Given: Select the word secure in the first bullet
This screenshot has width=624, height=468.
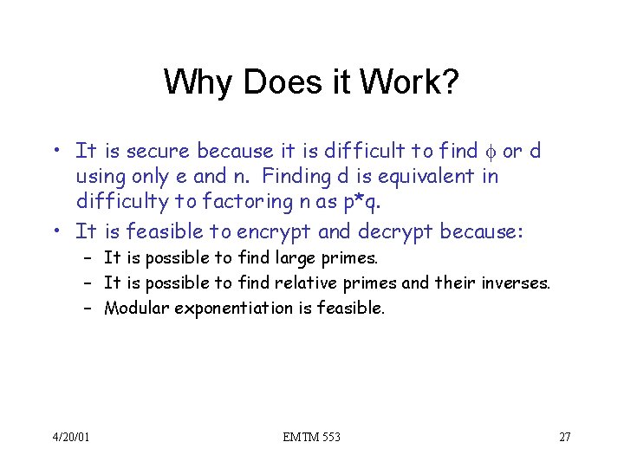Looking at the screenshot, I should [159, 152].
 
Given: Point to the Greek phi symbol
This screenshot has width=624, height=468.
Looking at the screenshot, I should [491, 152].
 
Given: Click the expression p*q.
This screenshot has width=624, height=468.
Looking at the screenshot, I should [364, 203].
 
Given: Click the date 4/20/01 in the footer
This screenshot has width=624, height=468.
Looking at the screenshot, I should [69, 437].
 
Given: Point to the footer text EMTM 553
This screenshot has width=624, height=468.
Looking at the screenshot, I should [311, 437].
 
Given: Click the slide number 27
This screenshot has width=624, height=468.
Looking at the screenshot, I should [564, 437].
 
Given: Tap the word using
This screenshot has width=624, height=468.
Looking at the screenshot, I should [98, 177].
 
